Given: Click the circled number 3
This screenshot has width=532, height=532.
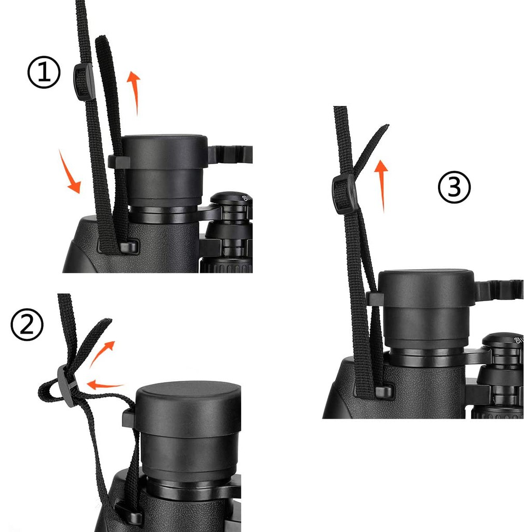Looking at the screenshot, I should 455,188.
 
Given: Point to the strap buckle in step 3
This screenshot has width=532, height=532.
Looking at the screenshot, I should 344,194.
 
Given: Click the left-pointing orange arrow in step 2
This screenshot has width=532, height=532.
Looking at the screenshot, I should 105,385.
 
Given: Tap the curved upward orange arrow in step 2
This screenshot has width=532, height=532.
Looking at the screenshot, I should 103,353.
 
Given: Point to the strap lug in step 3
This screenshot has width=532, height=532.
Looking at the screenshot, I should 383,391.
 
